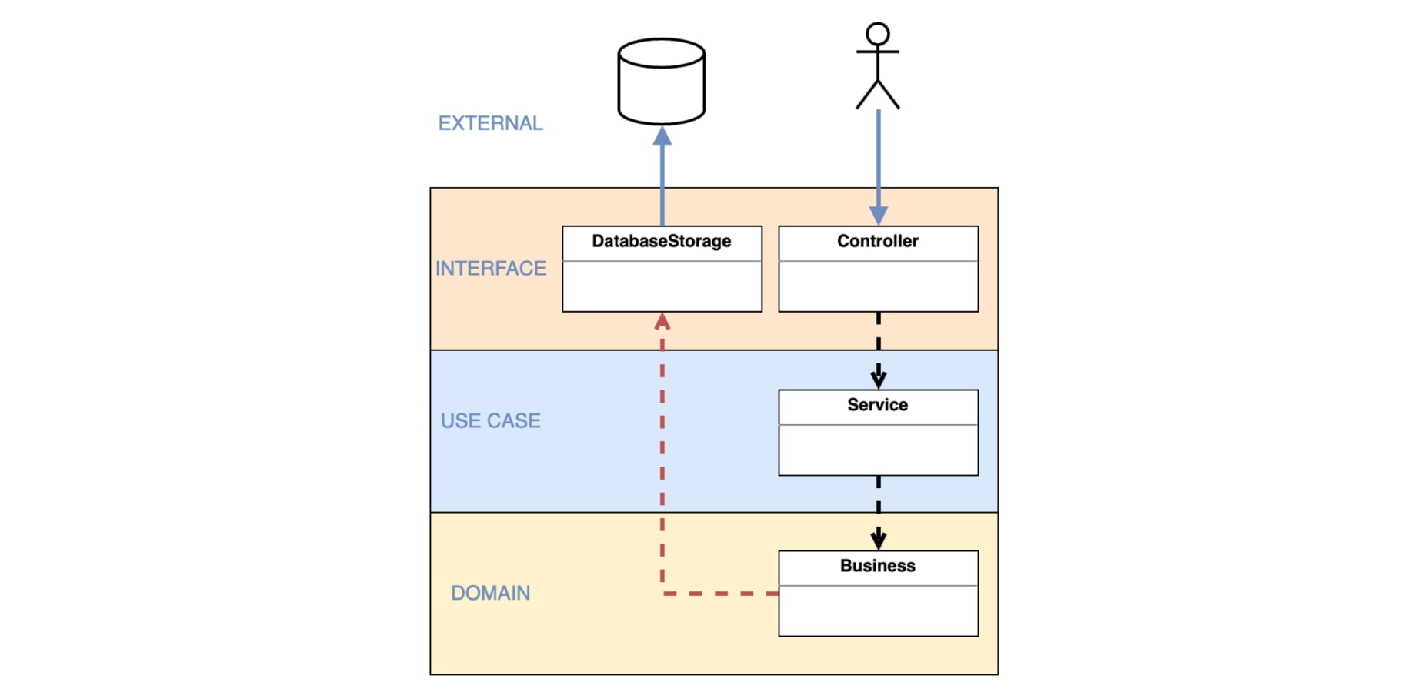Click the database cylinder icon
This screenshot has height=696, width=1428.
click(662, 82)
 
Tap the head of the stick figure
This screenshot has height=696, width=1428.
click(878, 34)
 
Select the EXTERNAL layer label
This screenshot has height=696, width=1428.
click(491, 123)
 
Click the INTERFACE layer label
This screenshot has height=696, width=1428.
click(491, 268)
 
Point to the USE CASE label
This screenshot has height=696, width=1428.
click(491, 420)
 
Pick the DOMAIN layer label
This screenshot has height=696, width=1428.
click(491, 593)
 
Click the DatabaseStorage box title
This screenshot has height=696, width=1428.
click(662, 242)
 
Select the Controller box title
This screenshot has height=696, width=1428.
click(878, 242)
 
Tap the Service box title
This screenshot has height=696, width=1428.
click(878, 405)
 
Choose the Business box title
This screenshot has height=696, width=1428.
click(878, 566)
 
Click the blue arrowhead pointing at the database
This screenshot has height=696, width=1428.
click(662, 136)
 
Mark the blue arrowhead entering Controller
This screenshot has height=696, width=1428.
click(879, 216)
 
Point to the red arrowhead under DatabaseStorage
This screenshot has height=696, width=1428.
click(662, 321)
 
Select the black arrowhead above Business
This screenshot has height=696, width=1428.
click(879, 539)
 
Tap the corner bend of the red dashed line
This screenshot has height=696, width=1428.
click(662, 594)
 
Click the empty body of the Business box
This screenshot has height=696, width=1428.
click(878, 611)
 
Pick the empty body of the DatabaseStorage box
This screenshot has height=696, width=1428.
click(662, 286)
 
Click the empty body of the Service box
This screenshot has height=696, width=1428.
click(878, 450)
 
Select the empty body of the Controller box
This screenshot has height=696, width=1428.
click(878, 286)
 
